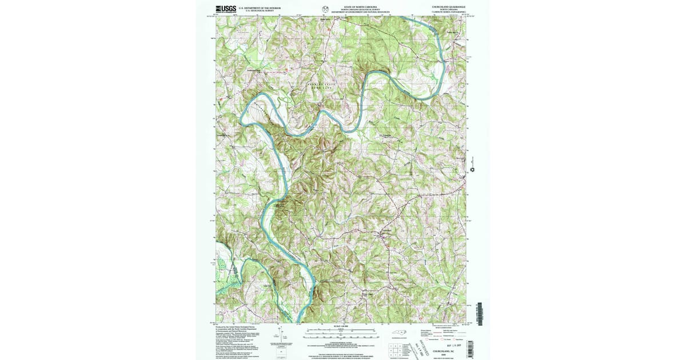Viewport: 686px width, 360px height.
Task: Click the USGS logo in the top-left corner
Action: tap(226, 9)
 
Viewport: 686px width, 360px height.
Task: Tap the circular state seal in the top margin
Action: tap(326, 9)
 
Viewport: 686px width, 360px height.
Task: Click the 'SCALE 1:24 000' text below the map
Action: tap(341, 326)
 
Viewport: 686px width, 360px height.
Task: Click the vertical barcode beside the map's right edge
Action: tap(479, 314)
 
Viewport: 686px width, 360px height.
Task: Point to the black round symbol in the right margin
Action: tap(473, 170)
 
